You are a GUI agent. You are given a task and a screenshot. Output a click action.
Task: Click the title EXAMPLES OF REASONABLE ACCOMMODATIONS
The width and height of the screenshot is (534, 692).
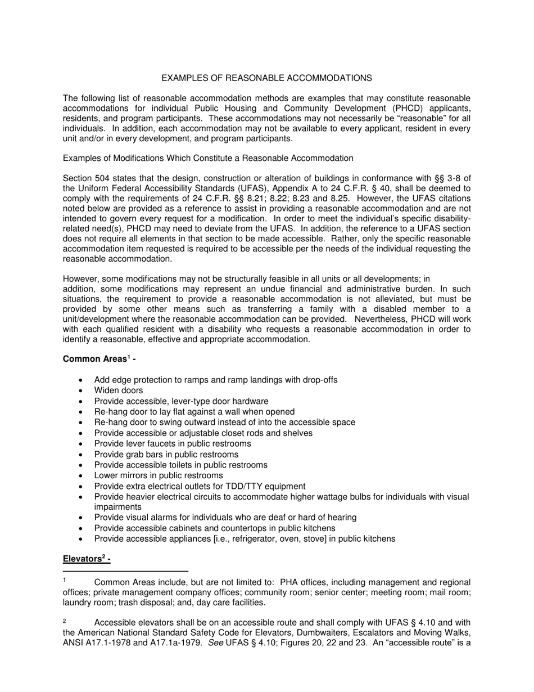266,78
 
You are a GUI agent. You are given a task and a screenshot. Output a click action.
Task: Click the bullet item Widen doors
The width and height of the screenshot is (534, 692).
119,390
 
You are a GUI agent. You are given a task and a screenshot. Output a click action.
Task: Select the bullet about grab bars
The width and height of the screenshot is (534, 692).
166,454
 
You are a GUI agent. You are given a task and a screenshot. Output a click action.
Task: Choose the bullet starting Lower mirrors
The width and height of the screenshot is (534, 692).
158,475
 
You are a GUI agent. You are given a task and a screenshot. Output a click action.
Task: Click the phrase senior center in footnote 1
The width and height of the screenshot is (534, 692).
374,592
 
